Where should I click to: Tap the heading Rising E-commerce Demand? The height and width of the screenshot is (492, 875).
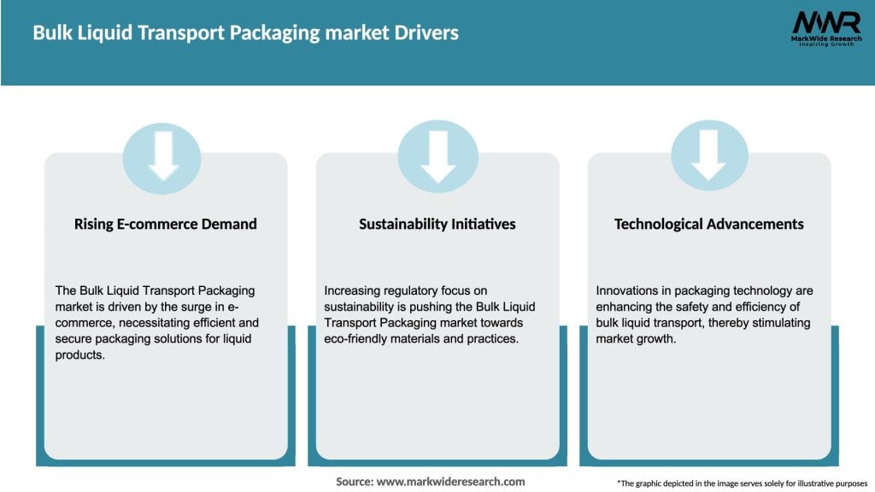[x=165, y=224]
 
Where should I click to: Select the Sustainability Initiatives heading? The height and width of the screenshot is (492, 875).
[x=437, y=224]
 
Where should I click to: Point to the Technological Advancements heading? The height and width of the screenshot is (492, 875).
[x=708, y=224]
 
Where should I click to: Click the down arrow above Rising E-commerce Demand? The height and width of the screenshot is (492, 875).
[x=162, y=157]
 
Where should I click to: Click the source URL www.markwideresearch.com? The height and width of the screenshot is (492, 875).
[x=450, y=482]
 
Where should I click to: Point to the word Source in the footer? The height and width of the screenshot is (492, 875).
[x=354, y=482]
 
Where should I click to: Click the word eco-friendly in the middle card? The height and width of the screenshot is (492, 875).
[x=355, y=339]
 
